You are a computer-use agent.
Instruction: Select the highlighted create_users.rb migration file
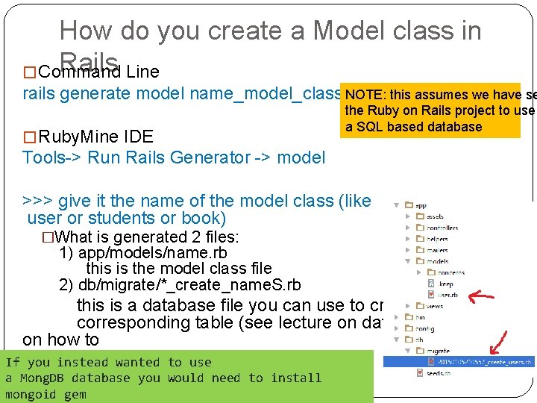(x=485, y=362)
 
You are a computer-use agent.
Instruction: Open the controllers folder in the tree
(x=442, y=228)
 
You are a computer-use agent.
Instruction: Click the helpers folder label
(x=439, y=239)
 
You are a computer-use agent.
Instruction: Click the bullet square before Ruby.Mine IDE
(x=29, y=137)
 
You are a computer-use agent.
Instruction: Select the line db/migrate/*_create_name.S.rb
(x=180, y=285)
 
